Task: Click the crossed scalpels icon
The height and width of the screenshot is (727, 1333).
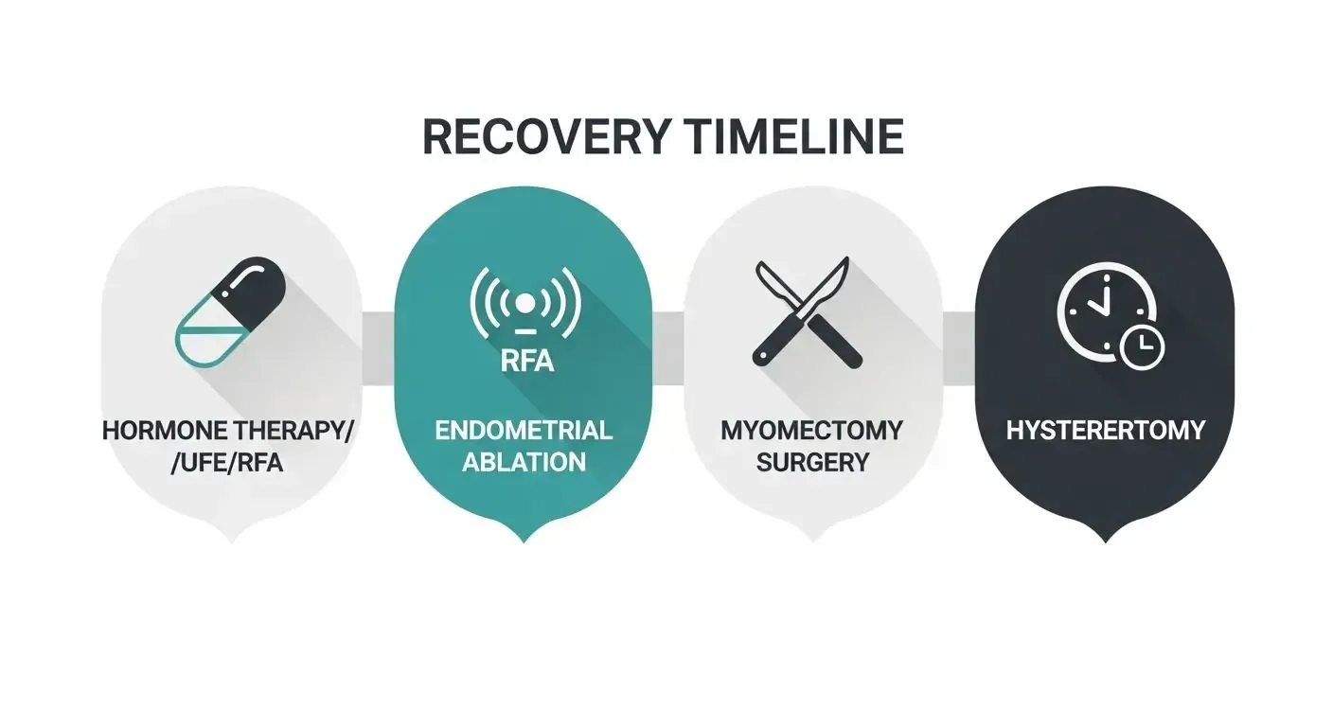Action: pos(808,313)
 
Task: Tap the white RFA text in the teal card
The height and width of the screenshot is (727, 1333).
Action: pos(524,361)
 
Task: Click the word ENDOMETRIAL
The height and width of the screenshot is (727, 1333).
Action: pos(524,431)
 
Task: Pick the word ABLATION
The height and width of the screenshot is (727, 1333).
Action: pos(524,463)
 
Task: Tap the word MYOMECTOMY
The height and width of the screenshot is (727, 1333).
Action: pos(811,431)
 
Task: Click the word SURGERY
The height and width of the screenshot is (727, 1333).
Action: pos(811,463)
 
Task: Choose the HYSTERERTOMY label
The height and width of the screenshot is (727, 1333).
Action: pos(1105,431)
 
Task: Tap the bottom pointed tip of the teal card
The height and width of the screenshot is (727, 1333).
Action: pos(524,538)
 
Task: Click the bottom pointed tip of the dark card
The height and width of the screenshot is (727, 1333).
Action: pos(1105,538)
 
